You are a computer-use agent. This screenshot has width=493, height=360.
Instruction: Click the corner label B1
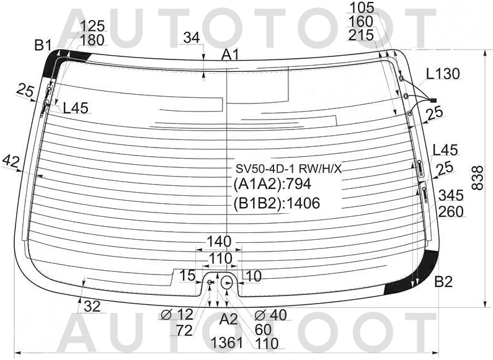(x=43, y=46)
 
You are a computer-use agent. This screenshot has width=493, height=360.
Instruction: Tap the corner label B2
(x=443, y=282)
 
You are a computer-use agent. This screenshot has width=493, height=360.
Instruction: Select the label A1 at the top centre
(x=230, y=55)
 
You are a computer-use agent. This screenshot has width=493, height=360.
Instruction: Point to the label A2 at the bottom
(x=229, y=320)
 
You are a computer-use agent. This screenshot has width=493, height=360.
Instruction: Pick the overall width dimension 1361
(x=227, y=343)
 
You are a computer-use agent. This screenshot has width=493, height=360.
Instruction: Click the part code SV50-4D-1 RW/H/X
(x=288, y=169)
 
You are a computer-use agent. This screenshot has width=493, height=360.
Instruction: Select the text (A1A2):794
(x=272, y=184)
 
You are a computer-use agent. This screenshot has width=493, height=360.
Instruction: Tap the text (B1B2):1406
(x=277, y=203)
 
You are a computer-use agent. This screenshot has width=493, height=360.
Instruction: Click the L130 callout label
(x=443, y=74)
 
